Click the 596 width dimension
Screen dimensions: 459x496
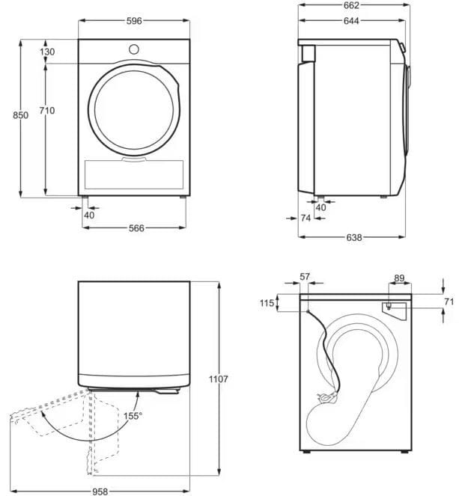click(x=134, y=21)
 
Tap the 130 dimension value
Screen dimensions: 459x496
click(x=47, y=52)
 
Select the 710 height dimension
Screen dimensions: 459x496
click(x=47, y=111)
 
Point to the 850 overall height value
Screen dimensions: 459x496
click(x=20, y=115)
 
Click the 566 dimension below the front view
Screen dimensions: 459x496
click(x=136, y=228)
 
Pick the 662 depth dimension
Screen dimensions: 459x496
click(x=351, y=5)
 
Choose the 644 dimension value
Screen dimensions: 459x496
click(x=351, y=21)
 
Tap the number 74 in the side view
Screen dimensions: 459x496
click(x=306, y=218)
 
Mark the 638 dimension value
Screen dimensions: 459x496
click(x=354, y=237)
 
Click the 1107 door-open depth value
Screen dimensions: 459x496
click(x=219, y=379)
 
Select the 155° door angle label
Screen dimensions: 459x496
click(x=133, y=416)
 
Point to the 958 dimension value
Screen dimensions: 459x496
click(x=100, y=492)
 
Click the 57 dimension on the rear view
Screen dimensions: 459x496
click(x=305, y=277)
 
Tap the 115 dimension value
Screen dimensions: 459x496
click(x=267, y=303)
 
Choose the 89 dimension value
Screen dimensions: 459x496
click(x=399, y=278)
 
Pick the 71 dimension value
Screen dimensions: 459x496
click(x=449, y=301)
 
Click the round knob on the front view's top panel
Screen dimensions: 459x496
click(x=134, y=49)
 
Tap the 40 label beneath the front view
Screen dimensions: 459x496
click(x=89, y=215)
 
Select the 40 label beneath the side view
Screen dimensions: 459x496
click(x=320, y=207)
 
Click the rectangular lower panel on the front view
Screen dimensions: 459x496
click(x=134, y=174)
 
